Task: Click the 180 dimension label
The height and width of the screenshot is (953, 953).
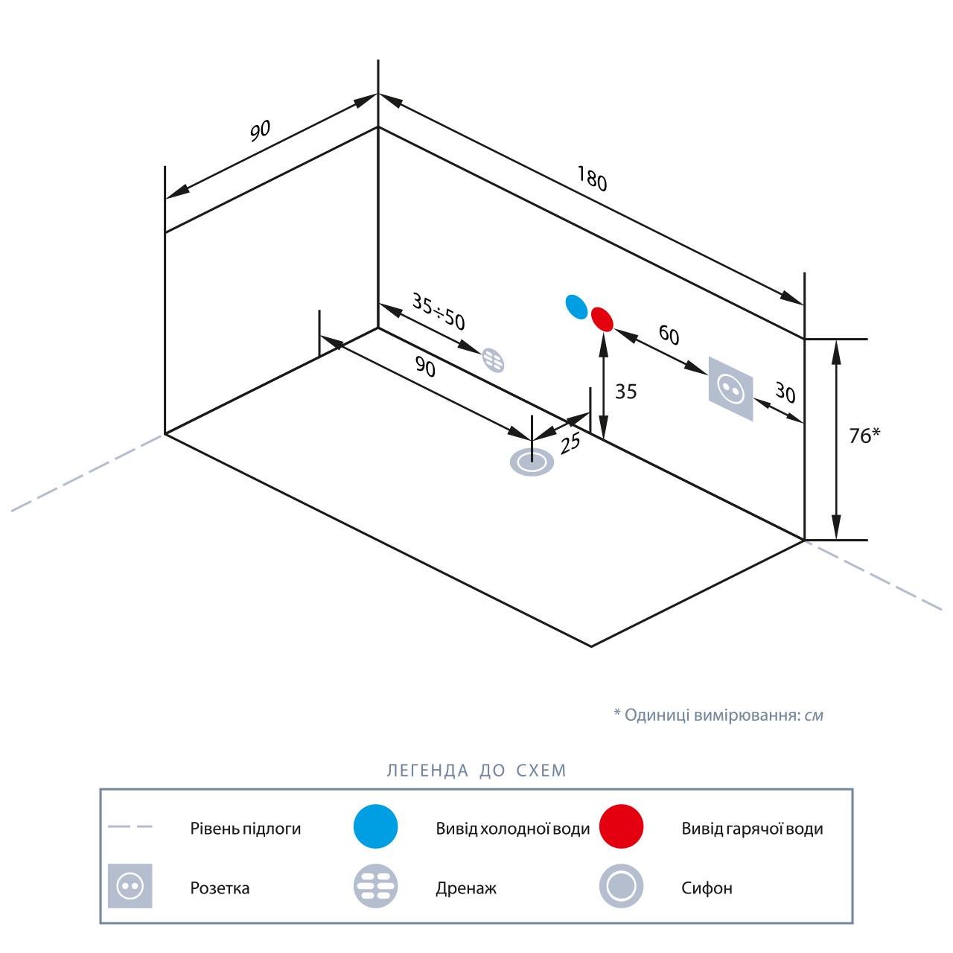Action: click(x=592, y=179)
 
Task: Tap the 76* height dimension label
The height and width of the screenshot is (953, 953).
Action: click(x=864, y=436)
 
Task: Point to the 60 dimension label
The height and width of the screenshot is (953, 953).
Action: click(x=669, y=336)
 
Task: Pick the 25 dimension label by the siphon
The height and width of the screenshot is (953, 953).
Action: click(x=570, y=444)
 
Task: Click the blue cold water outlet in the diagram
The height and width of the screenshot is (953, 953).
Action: click(x=576, y=306)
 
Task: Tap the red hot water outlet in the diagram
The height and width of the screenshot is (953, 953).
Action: click(x=602, y=319)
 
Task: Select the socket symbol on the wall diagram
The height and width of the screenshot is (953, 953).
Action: click(x=730, y=389)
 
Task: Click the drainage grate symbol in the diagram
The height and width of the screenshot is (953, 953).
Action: click(x=494, y=360)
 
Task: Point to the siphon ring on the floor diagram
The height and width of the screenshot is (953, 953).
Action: click(x=532, y=462)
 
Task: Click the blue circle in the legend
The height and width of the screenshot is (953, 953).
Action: click(x=376, y=826)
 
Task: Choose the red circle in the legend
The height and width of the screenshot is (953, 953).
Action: click(x=621, y=826)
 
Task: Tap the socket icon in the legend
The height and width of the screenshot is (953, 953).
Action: click(x=130, y=886)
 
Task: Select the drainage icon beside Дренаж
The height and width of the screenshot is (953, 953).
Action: click(x=376, y=886)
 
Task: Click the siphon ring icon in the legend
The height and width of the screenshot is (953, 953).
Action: click(x=621, y=886)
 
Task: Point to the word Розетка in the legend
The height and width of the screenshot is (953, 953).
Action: click(x=220, y=888)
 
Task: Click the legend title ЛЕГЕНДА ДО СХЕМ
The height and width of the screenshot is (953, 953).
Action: click(x=476, y=771)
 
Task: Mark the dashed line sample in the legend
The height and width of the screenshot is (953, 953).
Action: click(x=130, y=826)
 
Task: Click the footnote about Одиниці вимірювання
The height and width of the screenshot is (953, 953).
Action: click(x=718, y=715)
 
